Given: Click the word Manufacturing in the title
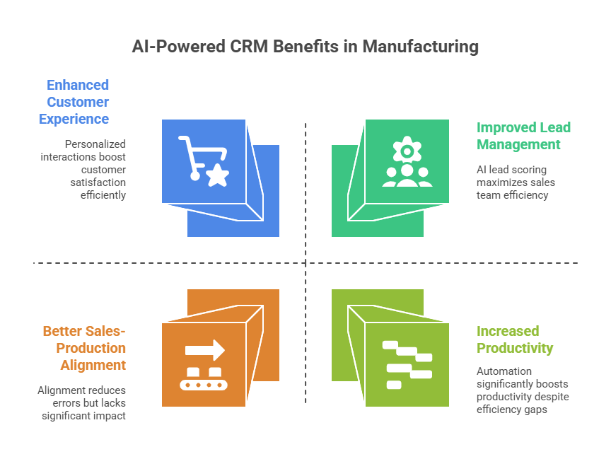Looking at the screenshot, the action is point(421,47).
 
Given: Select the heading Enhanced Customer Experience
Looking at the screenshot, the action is point(74,102).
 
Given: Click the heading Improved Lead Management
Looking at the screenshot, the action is point(523,136).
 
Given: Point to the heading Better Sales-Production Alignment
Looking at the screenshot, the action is point(84,348).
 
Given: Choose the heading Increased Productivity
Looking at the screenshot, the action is point(515,339).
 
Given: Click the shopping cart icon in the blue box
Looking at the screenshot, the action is point(204,161).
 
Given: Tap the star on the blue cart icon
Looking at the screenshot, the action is point(217,175).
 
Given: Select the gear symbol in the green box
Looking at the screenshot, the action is point(407,150).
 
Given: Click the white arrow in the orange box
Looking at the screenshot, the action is point(205,350).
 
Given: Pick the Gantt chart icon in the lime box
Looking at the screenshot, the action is point(407,365).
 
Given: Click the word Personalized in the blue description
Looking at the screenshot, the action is point(95,144).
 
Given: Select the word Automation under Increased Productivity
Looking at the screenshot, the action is point(504,371).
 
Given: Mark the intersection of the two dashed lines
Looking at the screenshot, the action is point(305,263).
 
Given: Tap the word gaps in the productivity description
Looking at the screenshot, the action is point(537,410).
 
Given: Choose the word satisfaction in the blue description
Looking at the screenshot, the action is point(98,182).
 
